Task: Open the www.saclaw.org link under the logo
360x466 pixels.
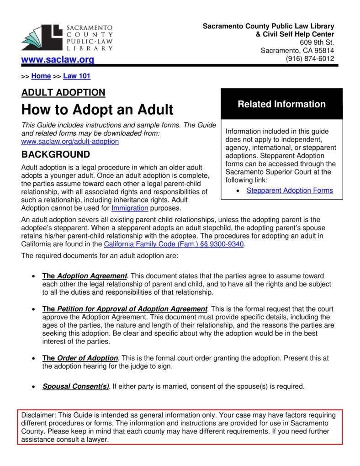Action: [58, 59]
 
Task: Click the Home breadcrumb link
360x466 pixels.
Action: [41, 76]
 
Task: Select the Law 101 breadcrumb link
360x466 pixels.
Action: [77, 76]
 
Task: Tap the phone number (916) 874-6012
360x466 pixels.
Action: [310, 58]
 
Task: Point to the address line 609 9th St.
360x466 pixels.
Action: [318, 42]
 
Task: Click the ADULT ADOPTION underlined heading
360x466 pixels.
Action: [63, 93]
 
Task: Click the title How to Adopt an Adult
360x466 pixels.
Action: [97, 110]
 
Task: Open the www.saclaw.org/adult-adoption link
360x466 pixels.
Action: [70, 142]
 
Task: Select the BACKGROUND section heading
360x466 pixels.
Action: [56, 154]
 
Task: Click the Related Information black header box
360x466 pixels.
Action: [281, 104]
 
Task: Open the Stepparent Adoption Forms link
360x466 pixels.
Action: [290, 191]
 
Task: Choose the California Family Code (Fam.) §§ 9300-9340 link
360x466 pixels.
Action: [175, 244]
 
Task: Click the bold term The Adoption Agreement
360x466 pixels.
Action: [85, 276]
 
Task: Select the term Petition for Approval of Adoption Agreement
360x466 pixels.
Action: [132, 309]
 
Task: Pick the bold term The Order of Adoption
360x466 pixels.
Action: [80, 358]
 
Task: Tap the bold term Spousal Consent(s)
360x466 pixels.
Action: [75, 386]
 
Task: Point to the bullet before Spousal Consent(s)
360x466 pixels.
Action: [33, 387]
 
